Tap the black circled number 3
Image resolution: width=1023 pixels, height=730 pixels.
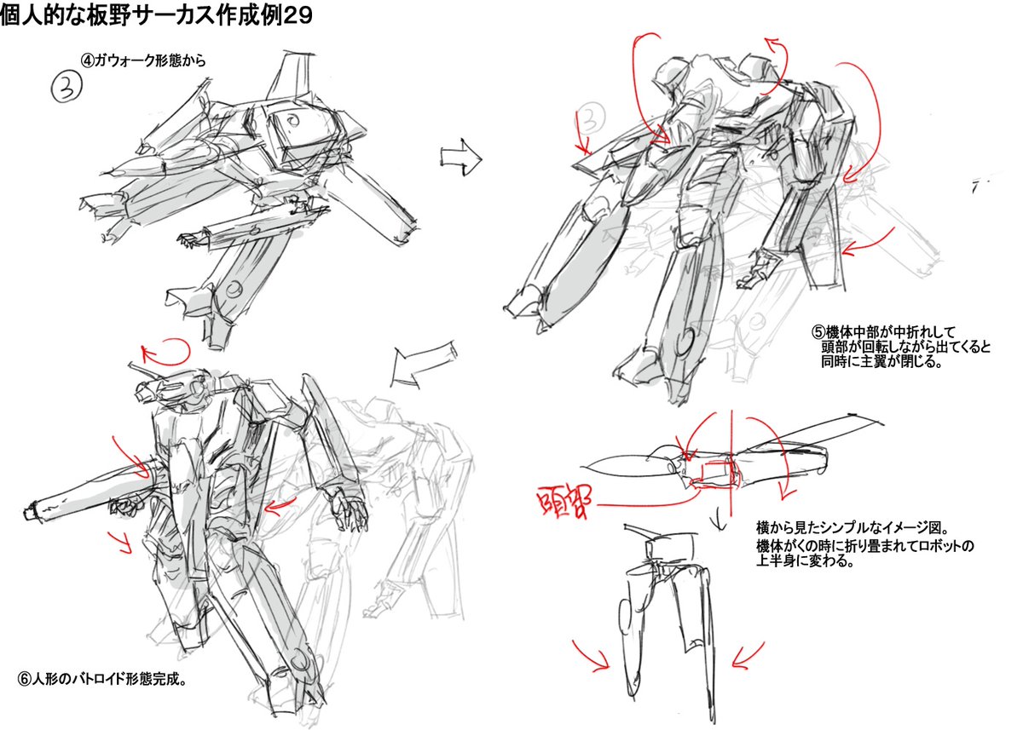[66, 87]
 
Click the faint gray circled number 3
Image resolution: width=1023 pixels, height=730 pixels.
[591, 118]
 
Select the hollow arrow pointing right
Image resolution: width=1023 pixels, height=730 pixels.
[461, 158]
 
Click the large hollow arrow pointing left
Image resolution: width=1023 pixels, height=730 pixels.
[424, 364]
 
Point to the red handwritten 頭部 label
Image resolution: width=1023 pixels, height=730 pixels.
[564, 501]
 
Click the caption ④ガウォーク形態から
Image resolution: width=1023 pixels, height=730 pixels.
[143, 60]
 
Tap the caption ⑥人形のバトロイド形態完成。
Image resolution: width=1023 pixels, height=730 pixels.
[102, 680]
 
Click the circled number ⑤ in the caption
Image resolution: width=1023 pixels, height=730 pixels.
[818, 331]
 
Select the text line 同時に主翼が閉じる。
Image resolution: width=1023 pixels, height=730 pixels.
[881, 362]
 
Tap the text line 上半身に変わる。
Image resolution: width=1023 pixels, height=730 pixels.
[805, 560]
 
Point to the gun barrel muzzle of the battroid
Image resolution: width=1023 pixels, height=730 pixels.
[31, 513]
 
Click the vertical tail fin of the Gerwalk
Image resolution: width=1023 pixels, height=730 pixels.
[291, 76]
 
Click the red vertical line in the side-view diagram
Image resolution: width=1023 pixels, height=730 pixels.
[731, 463]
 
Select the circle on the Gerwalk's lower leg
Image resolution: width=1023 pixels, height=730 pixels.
[234, 289]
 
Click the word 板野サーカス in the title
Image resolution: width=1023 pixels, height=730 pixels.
[146, 14]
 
